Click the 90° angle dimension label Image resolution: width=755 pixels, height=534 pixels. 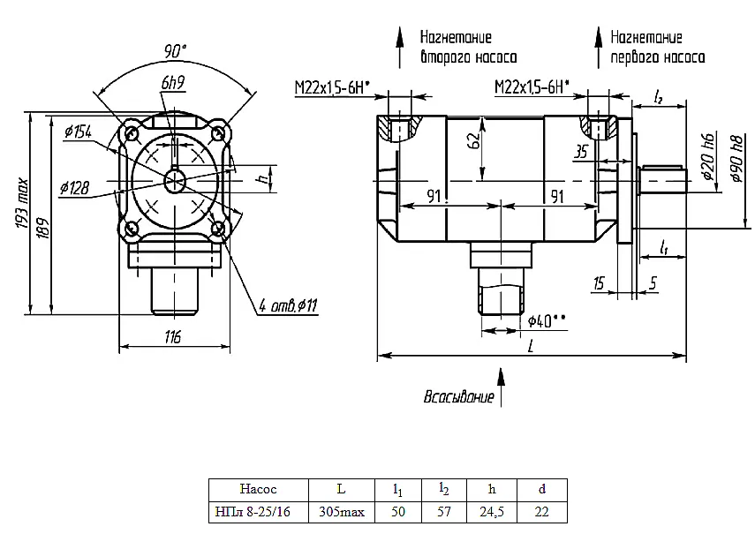coord(175,50)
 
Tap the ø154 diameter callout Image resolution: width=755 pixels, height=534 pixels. coord(78,131)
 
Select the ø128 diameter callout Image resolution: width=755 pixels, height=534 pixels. coord(75,188)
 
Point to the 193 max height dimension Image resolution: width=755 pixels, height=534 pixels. coord(22,204)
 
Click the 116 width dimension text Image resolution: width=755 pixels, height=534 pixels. coord(172,337)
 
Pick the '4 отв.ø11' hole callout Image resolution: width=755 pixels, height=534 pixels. coord(288,305)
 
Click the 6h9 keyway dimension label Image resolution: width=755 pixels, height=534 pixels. coord(173,83)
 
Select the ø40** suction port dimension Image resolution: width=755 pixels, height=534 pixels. coord(546,321)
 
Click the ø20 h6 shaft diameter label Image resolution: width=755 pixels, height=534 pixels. coord(708,157)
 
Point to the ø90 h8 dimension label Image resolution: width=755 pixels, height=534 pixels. coord(736,159)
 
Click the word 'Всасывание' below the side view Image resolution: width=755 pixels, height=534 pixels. coord(459,397)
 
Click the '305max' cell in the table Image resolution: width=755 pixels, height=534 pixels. coord(342,511)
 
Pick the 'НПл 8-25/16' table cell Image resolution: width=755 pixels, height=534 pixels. coord(253,511)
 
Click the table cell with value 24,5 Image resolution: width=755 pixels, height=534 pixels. coord(492,511)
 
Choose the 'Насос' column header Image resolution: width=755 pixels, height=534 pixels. coord(258,489)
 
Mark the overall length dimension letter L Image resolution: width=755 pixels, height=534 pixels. coord(531,345)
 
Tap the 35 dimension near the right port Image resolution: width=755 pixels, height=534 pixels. coord(581,152)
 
